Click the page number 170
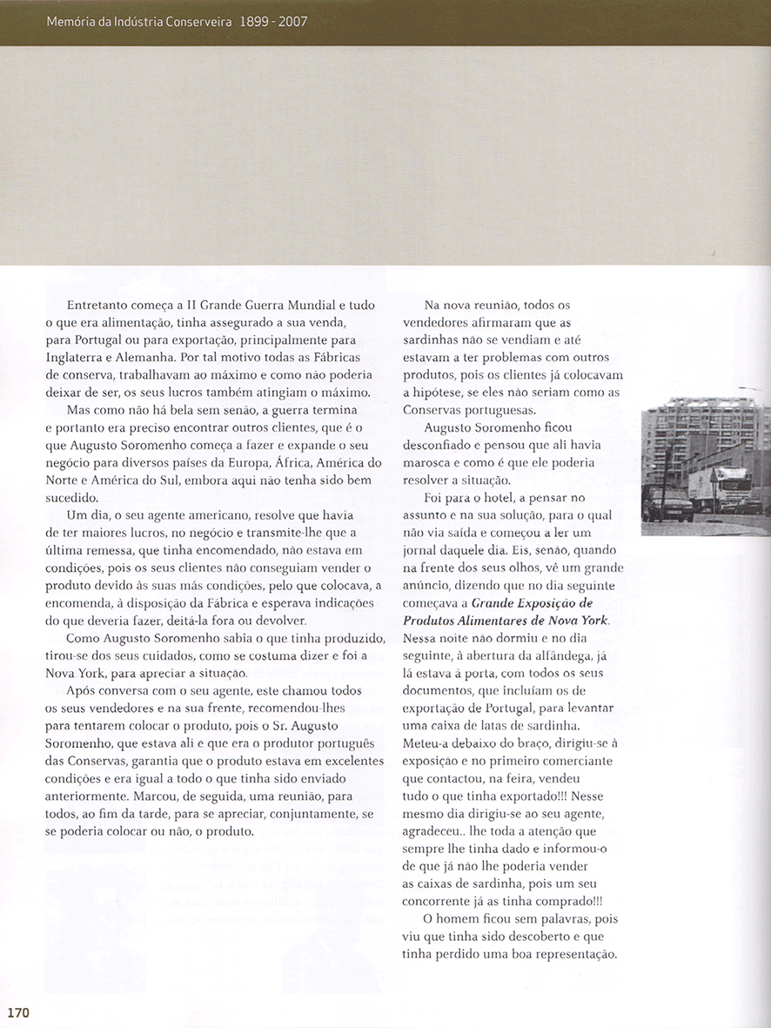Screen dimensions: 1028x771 [x=18, y=1012]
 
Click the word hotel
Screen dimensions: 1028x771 [x=490, y=499]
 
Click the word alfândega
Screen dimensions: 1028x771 [x=568, y=655]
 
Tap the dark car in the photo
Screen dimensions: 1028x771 [x=667, y=502]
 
